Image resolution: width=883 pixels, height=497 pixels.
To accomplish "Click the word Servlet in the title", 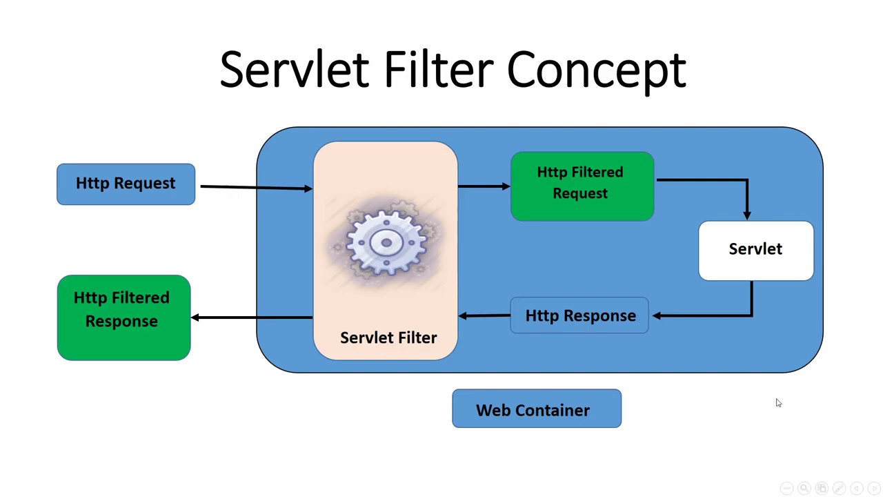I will pyautogui.click(x=294, y=69).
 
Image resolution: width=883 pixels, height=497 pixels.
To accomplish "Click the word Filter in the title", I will pyautogui.click(x=438, y=69).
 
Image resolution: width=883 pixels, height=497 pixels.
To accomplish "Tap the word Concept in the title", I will pyautogui.click(x=596, y=70).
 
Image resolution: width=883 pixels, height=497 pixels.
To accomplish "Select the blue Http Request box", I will pyautogui.click(x=126, y=184).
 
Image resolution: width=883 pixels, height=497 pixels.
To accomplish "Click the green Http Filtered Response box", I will pyautogui.click(x=123, y=318).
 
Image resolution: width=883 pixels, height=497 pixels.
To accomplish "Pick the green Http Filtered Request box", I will pyautogui.click(x=582, y=186).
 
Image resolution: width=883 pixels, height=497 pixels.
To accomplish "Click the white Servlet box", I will pyautogui.click(x=755, y=250).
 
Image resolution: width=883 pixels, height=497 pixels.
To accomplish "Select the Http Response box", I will pyautogui.click(x=579, y=315).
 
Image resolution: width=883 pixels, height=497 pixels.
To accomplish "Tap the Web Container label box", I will pyautogui.click(x=536, y=409).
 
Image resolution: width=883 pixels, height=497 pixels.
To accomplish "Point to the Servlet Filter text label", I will pyautogui.click(x=388, y=338).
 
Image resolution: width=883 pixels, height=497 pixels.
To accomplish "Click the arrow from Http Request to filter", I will pyautogui.click(x=255, y=187).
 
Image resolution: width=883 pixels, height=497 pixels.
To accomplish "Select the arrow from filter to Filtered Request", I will pyautogui.click(x=483, y=186).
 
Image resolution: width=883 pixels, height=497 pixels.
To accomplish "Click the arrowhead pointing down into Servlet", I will pyautogui.click(x=747, y=215).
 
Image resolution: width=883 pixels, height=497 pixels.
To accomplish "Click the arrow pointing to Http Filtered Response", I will pyautogui.click(x=252, y=318).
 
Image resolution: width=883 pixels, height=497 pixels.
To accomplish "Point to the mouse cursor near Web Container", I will pyautogui.click(x=778, y=403).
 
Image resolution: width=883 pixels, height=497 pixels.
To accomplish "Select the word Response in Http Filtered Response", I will pyautogui.click(x=121, y=322).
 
